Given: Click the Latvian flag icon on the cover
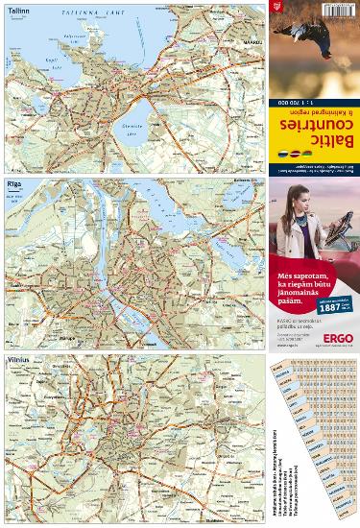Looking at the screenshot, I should point(294,153).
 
